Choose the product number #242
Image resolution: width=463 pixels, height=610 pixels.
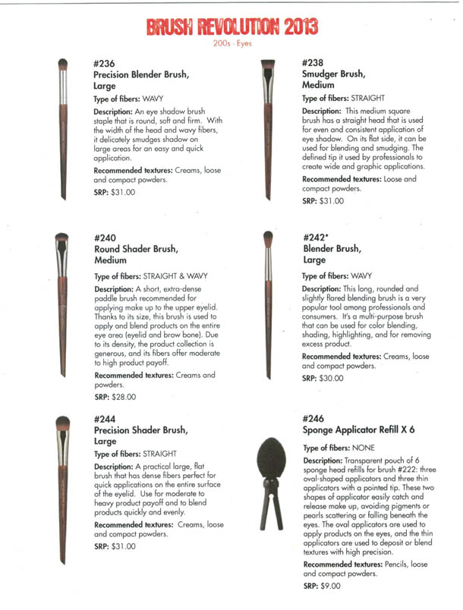[x=314, y=237]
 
